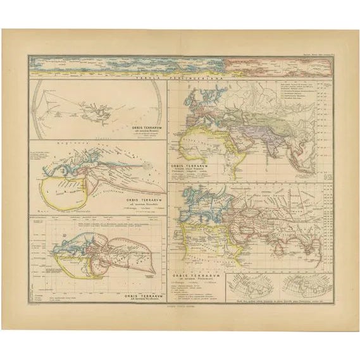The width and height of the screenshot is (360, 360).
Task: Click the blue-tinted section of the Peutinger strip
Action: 127,65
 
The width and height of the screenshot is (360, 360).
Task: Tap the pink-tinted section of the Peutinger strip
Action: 278,65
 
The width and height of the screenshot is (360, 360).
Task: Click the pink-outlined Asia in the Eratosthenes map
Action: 120,253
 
